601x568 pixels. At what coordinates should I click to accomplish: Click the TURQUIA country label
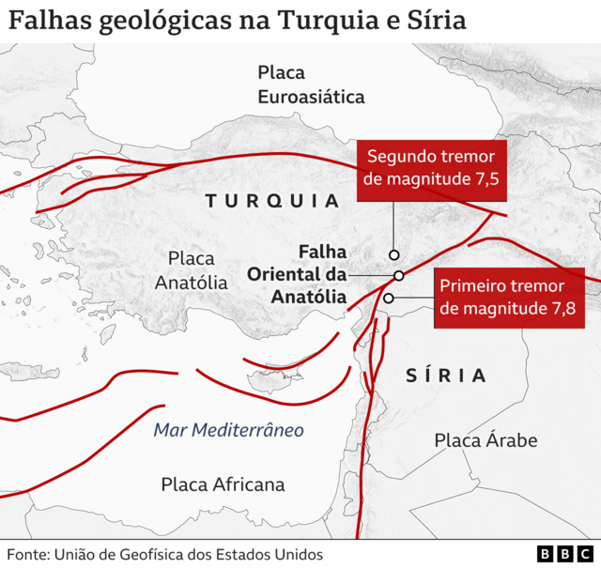coord(271,201)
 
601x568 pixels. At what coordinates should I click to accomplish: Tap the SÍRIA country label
coord(447,376)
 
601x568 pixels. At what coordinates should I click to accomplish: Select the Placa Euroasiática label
coord(311,84)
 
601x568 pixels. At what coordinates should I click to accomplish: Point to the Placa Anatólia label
coord(192,269)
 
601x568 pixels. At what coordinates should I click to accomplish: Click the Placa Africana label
coord(223,484)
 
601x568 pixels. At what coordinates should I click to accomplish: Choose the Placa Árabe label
coord(485,439)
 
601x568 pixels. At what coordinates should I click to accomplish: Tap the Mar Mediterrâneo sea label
coord(229,431)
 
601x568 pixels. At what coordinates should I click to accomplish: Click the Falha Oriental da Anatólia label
coord(297,274)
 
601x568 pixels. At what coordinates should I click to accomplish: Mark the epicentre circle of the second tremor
coord(394,254)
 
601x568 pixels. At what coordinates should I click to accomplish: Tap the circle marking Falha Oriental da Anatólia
coord(399,275)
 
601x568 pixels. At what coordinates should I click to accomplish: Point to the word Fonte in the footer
coord(29,554)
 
